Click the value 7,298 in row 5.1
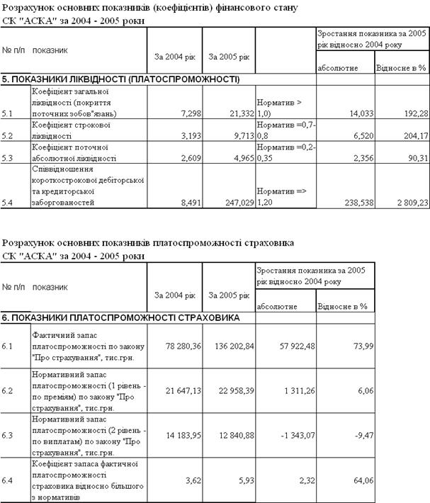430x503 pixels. pos(186,113)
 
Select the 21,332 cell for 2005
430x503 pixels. pos(239,113)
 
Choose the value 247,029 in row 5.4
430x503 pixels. pos(237,203)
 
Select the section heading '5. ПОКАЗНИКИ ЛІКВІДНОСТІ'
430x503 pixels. pos(120,79)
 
